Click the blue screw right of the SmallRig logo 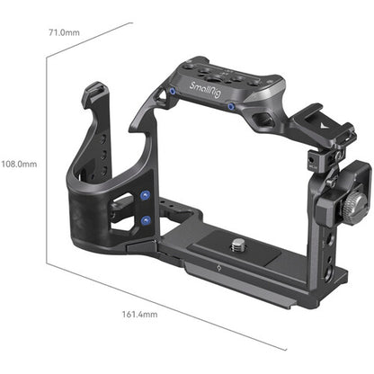232,106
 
